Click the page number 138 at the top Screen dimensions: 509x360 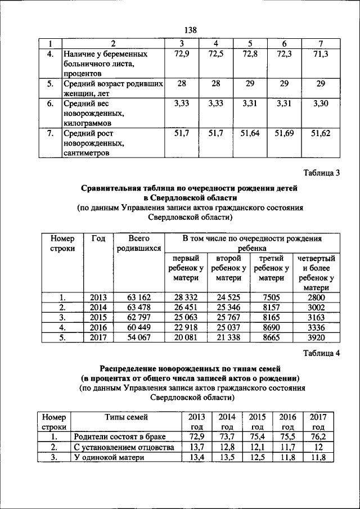(190, 30)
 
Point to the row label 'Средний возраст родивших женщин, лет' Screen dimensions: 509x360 (112, 88)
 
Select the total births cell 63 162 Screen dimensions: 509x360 (138, 297)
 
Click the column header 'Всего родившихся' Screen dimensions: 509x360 (138, 243)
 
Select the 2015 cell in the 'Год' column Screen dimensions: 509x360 (98, 317)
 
